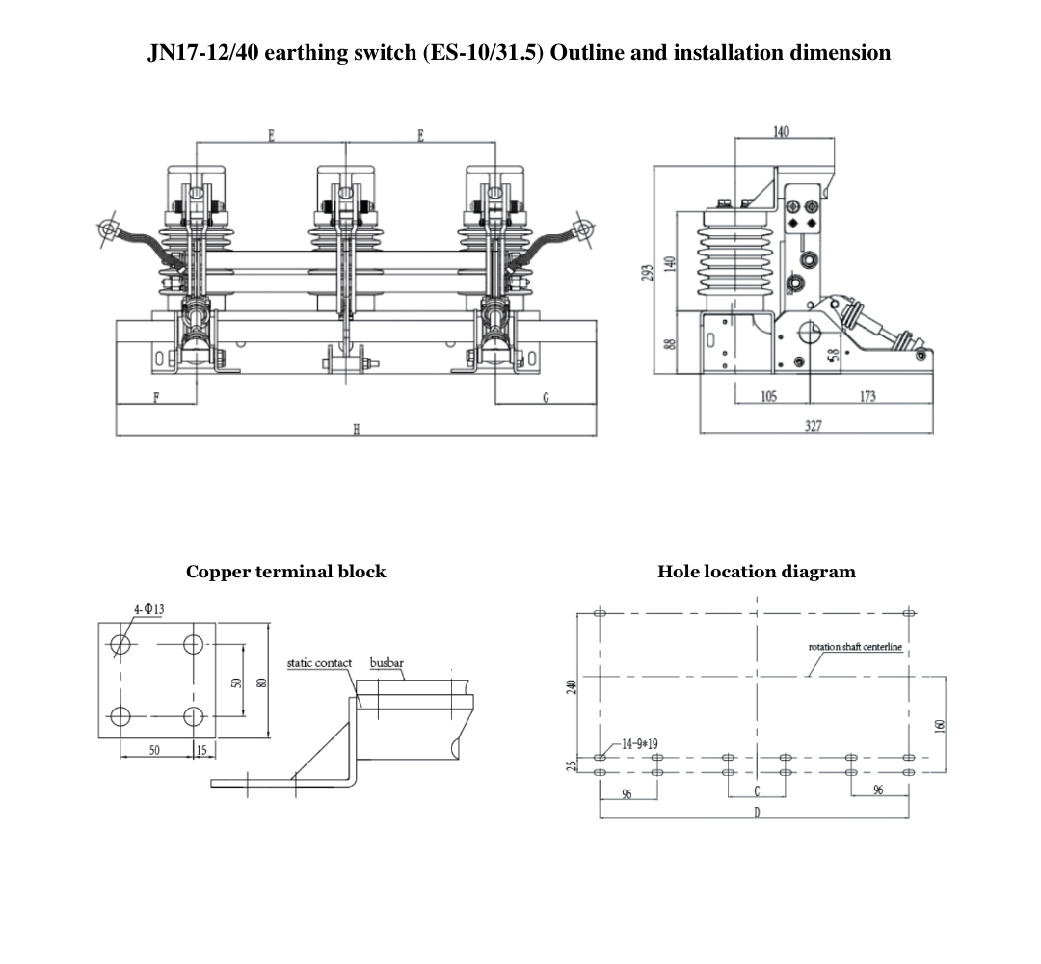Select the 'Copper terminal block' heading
pos(285,572)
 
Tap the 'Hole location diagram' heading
pos(756,572)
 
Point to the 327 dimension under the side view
pos(813,426)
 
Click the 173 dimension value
pos(867,397)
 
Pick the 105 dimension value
pos(769,397)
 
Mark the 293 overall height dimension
pos(648,274)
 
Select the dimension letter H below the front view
pos(356,430)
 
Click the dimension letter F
pos(156,398)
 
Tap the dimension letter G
pos(546,398)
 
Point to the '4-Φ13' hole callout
pos(148,609)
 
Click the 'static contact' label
pos(319,663)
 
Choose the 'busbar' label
pos(386,663)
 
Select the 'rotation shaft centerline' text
pos(854,647)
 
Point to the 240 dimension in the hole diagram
pos(571,686)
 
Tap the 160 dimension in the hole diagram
pos(941,725)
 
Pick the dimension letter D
pos(757,813)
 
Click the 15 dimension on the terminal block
pos(201,750)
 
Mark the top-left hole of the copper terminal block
pos(120,644)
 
